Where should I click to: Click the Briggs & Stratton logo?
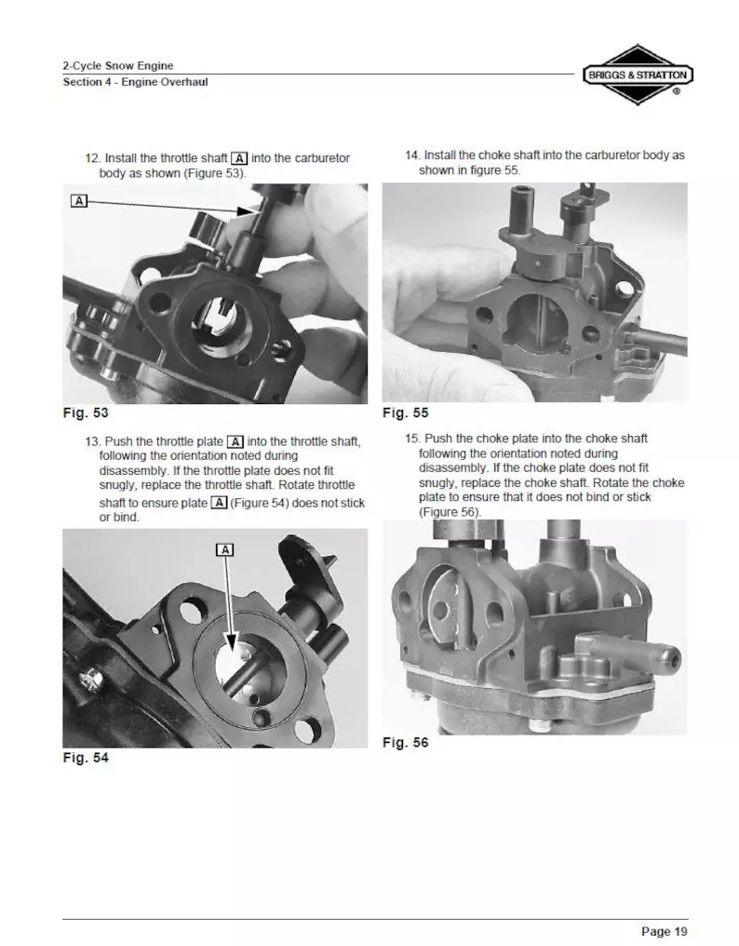[x=638, y=74]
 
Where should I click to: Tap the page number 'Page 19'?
[x=665, y=931]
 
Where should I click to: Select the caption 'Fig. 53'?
[x=86, y=412]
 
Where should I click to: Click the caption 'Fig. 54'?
[x=86, y=757]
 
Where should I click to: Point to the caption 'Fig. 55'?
[x=406, y=412]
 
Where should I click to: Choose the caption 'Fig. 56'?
[x=406, y=742]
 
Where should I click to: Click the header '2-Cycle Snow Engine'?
[x=118, y=66]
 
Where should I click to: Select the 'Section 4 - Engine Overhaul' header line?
[x=136, y=81]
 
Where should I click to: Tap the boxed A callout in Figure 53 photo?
[x=79, y=200]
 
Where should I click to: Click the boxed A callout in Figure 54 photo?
[x=224, y=549]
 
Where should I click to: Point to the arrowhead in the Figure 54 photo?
[x=233, y=641]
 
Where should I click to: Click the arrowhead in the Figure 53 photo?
[x=247, y=210]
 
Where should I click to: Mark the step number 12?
[x=93, y=158]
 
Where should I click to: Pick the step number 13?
[x=93, y=441]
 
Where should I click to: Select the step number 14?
[x=412, y=155]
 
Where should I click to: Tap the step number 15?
[x=412, y=439]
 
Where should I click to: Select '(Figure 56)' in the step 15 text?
[x=450, y=512]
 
